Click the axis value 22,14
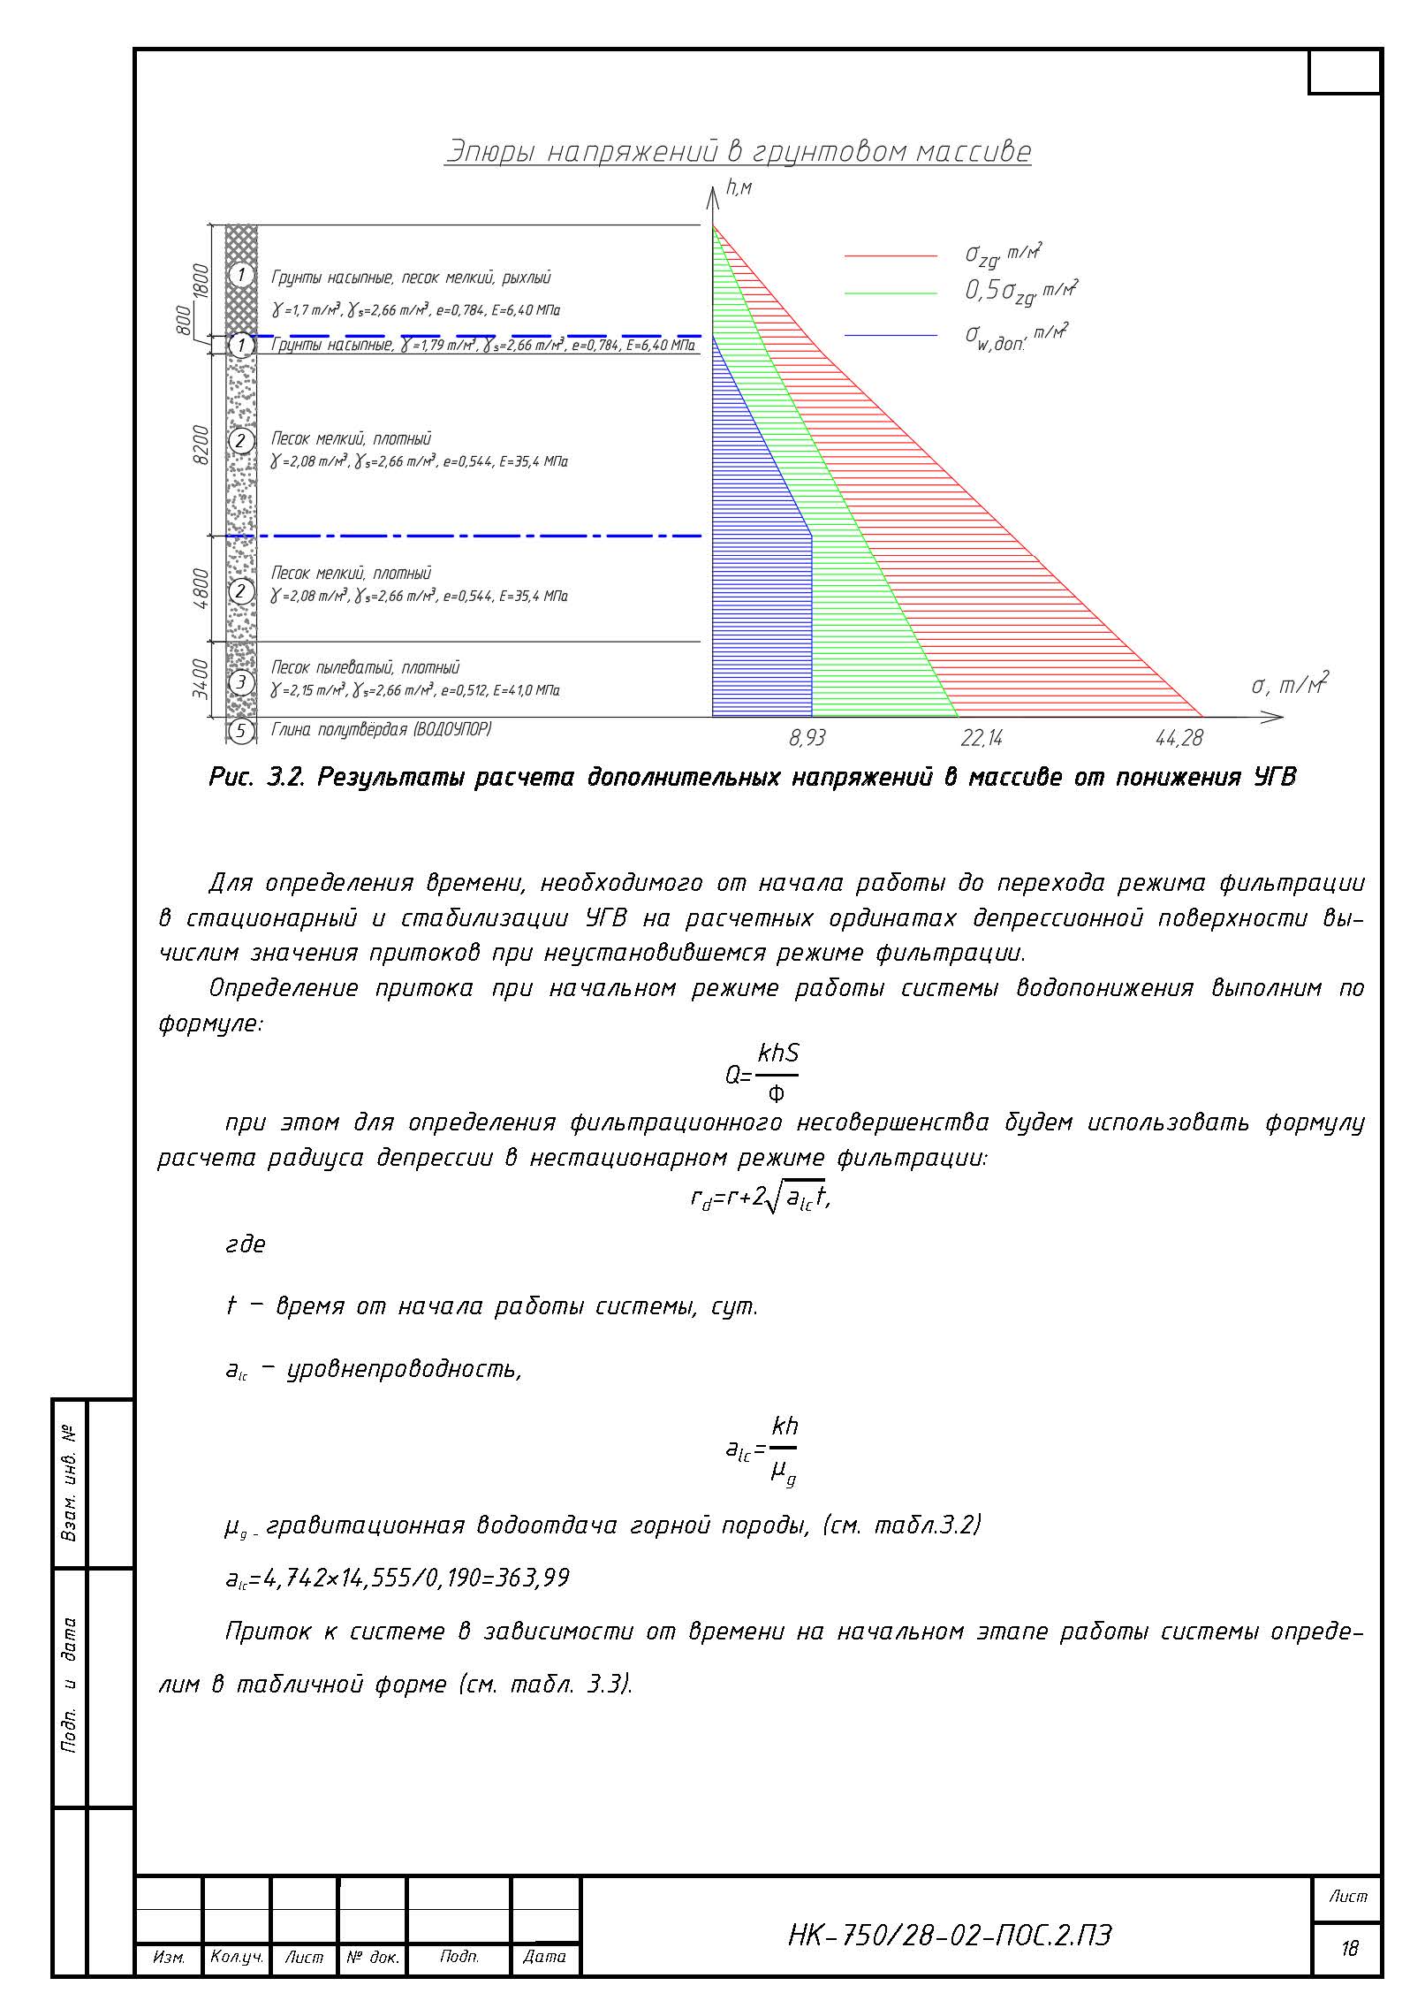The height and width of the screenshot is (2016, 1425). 982,738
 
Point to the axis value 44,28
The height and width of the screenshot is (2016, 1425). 1179,738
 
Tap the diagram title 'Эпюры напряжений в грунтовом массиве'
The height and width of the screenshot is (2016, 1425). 738,152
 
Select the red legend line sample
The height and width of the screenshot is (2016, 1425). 891,256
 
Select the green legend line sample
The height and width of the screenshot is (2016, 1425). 891,293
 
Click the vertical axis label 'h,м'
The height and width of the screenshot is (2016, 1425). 738,187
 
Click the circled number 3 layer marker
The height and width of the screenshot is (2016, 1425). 241,682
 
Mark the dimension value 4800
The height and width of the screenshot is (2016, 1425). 201,588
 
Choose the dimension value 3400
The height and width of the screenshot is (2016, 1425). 201,679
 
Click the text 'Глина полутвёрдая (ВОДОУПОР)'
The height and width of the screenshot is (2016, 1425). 381,730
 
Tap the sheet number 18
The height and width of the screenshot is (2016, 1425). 1349,1948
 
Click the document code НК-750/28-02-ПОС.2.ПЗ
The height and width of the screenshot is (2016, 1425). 950,1936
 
